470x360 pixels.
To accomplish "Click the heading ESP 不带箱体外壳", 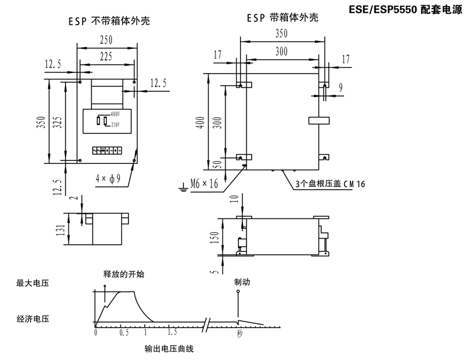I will coord(113,22).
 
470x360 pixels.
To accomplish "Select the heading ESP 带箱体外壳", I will coord(282,18).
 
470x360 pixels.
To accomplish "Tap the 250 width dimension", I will coord(105,40).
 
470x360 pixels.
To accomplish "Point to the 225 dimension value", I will coord(105,56).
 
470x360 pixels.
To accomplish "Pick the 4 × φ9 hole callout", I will coord(107,178).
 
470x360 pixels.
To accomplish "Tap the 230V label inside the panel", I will coord(114,124).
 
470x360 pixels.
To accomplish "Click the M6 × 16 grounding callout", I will coord(205,184).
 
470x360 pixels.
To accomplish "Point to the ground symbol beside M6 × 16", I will coord(183,185).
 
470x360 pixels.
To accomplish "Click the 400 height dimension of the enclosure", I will coord(200,122).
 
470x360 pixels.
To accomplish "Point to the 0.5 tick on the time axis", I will coord(124,333).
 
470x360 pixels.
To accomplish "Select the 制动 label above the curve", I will coord(242,282).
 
